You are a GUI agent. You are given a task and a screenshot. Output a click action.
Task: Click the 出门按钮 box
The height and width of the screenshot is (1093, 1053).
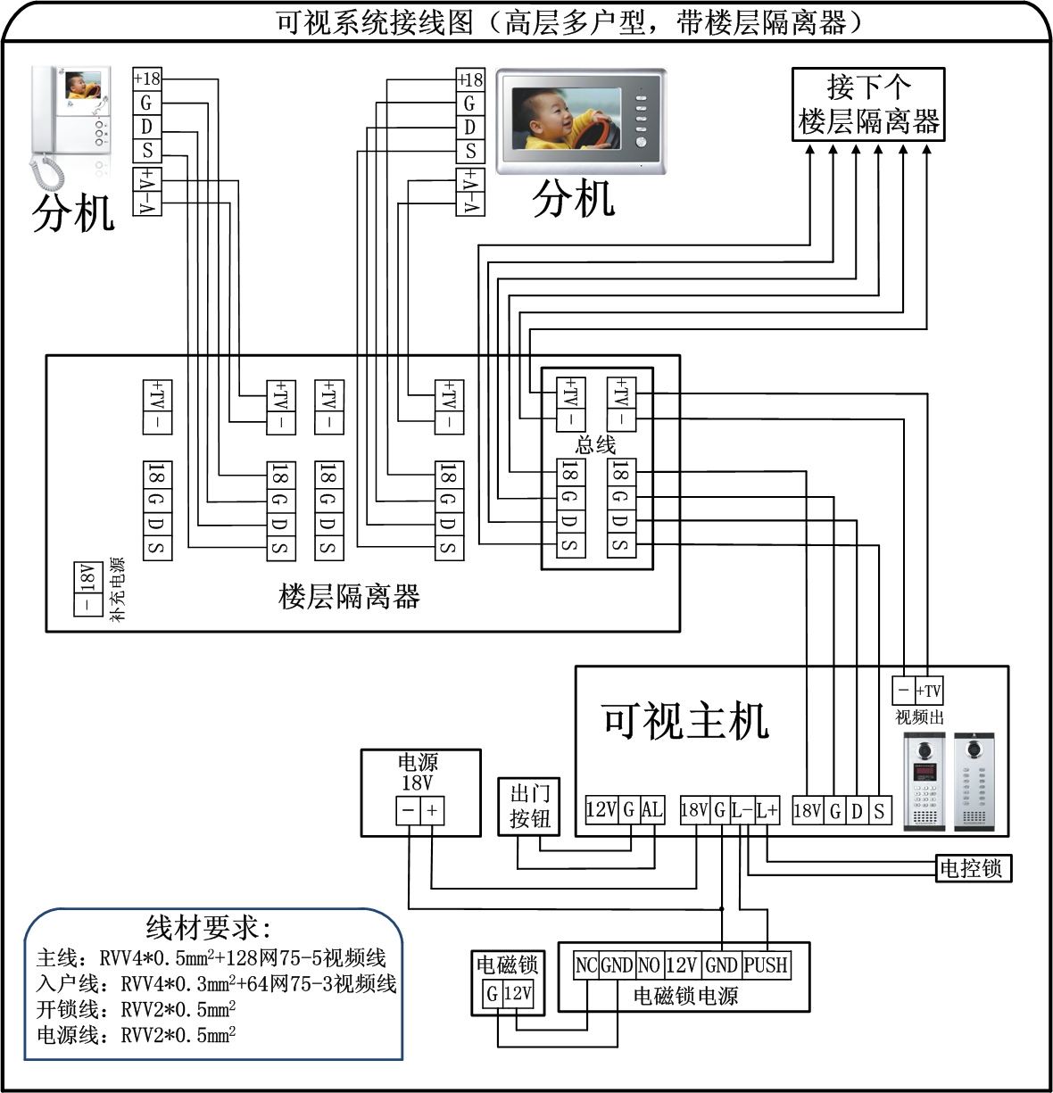click(x=529, y=806)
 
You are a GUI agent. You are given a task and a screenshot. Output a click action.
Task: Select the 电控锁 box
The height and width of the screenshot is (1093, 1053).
click(x=972, y=868)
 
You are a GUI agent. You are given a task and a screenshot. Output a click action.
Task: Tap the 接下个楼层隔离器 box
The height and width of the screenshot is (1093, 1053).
click(x=867, y=104)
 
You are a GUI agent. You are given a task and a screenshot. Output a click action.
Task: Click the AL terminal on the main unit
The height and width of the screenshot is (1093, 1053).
click(x=651, y=810)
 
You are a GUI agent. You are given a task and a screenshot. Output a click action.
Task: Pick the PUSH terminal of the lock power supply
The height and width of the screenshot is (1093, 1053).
click(x=766, y=965)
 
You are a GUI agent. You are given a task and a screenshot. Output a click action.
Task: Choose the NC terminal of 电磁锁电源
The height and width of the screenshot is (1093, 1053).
click(x=585, y=965)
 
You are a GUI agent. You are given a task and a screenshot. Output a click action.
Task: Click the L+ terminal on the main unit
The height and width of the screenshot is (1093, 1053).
click(x=766, y=810)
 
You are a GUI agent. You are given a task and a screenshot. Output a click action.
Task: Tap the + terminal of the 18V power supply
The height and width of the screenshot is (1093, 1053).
click(x=432, y=810)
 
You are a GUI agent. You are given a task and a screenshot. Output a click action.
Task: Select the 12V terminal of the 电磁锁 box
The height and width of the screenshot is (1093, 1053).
click(x=518, y=993)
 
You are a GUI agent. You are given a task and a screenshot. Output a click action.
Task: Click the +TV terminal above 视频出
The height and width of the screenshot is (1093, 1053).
click(x=928, y=691)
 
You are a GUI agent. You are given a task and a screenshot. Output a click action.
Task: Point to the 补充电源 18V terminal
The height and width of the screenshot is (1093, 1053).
click(x=87, y=577)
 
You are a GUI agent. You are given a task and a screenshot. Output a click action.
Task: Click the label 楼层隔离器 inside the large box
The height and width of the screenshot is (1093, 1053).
click(x=349, y=596)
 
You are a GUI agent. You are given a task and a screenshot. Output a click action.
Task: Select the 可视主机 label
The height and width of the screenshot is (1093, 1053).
click(x=684, y=721)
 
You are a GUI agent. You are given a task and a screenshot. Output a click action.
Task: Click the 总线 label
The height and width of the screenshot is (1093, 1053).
click(x=595, y=443)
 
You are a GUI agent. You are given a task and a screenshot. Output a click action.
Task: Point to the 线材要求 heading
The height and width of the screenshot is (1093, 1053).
click(x=209, y=928)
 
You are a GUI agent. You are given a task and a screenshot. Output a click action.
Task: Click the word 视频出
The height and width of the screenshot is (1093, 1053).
click(x=919, y=716)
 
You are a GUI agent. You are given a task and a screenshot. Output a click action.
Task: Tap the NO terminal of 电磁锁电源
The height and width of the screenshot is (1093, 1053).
click(x=649, y=965)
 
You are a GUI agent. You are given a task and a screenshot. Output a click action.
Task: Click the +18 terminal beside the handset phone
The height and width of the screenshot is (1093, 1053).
click(x=146, y=79)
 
